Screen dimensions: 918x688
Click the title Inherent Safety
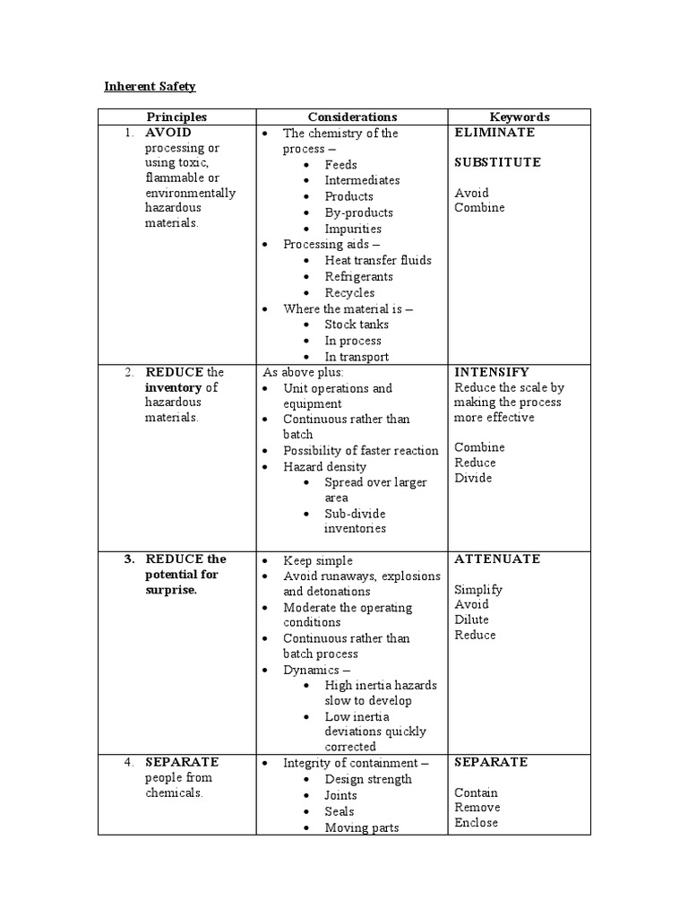click(150, 87)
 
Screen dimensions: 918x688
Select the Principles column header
click(177, 117)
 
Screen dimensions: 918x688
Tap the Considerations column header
click(352, 117)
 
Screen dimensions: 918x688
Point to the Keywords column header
click(520, 117)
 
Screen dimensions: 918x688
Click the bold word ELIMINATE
click(494, 133)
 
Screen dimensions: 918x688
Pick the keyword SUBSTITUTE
click(497, 162)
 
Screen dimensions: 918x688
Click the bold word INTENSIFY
click(492, 372)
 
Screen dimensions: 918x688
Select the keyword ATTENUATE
click(497, 559)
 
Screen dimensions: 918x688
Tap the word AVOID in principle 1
click(168, 133)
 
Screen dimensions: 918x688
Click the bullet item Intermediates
click(362, 180)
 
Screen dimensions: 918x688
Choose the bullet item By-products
click(358, 212)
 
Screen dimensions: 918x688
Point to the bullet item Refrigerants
click(358, 276)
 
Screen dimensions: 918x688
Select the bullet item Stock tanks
click(357, 325)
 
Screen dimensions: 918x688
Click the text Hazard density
click(324, 466)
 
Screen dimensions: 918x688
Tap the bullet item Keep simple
click(318, 560)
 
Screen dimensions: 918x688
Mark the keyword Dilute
click(471, 619)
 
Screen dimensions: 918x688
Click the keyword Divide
click(473, 478)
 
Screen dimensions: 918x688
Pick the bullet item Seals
click(340, 811)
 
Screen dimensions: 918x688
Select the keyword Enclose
click(476, 823)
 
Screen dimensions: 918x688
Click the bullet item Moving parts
click(362, 827)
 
